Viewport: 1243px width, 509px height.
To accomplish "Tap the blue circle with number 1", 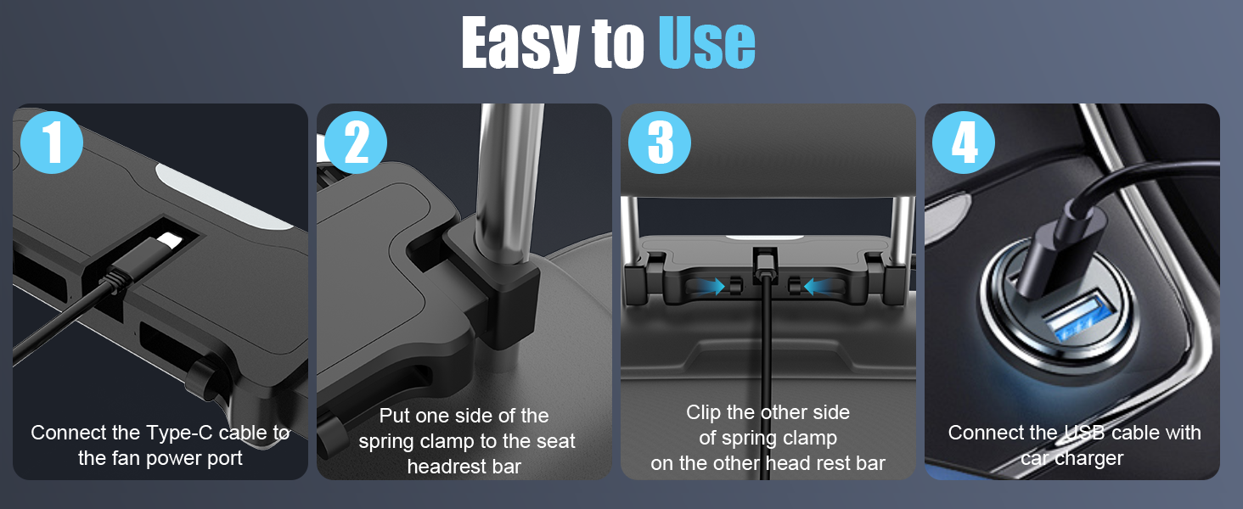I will [x=52, y=143].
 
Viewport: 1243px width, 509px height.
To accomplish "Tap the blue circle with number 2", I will [x=356, y=143].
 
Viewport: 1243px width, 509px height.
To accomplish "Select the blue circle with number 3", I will [x=660, y=143].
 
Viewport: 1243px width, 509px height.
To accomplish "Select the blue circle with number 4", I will [x=964, y=143].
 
